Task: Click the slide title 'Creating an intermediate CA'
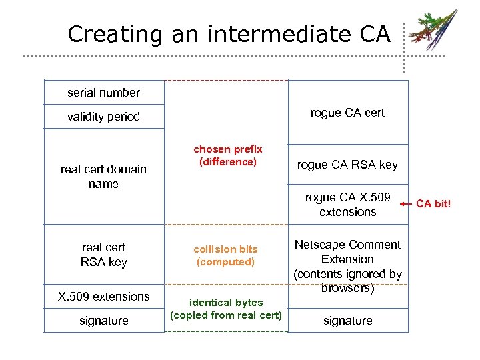(229, 34)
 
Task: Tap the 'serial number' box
(103, 93)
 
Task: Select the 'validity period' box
(103, 117)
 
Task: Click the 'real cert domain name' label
(103, 176)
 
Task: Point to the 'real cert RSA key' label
(103, 255)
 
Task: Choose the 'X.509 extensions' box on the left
(103, 297)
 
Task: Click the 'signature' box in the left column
(103, 321)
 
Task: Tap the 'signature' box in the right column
(347, 321)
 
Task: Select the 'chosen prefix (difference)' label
(227, 155)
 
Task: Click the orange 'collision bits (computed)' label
(225, 255)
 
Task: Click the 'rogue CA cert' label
(347, 113)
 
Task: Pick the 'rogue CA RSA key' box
(347, 165)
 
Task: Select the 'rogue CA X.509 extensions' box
(347, 205)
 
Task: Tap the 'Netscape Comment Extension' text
(347, 252)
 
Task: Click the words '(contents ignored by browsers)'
(347, 281)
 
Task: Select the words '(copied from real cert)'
(226, 315)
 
